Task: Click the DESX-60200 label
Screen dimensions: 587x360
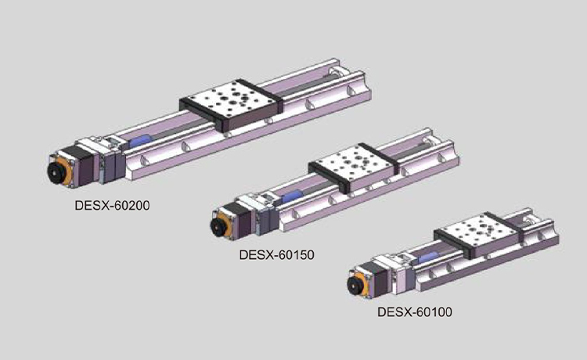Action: pyautogui.click(x=112, y=206)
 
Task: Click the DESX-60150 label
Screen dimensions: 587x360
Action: pyautogui.click(x=276, y=255)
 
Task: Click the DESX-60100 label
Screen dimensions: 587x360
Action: pyautogui.click(x=414, y=311)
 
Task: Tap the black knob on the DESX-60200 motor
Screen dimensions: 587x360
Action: pyautogui.click(x=56, y=172)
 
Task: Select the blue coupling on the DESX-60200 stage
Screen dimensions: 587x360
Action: pyautogui.click(x=140, y=141)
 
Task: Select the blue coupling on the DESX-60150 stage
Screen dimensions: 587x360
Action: pyautogui.click(x=292, y=196)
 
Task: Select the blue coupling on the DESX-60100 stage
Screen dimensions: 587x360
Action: pyautogui.click(x=428, y=257)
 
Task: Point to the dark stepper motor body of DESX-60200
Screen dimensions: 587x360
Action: pyautogui.click(x=82, y=165)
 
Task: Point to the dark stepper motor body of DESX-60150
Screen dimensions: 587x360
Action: pyautogui.click(x=240, y=221)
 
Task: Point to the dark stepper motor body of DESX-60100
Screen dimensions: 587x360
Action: pyautogui.click(x=377, y=280)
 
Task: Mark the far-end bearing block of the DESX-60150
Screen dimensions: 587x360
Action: pyautogui.click(x=429, y=142)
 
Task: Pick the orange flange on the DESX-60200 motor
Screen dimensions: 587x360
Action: pyautogui.click(x=67, y=171)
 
